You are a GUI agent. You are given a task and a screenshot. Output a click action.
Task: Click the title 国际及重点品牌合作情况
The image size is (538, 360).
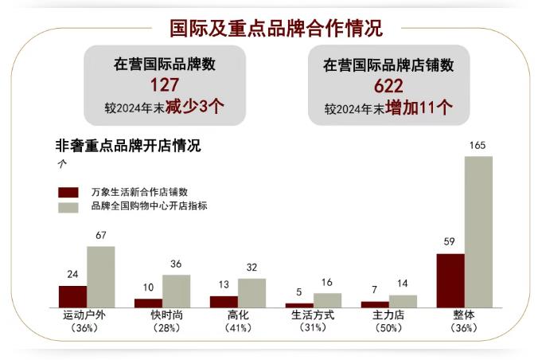pyautogui.click(x=276, y=28)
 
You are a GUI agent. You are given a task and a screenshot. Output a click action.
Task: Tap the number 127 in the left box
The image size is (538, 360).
pyautogui.click(x=165, y=85)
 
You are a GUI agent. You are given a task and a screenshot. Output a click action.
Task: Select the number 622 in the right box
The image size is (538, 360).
pyautogui.click(x=386, y=85)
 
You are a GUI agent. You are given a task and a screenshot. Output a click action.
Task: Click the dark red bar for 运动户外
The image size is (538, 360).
pyautogui.click(x=72, y=296)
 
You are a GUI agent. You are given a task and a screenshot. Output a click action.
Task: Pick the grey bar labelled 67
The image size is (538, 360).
pyautogui.click(x=101, y=276)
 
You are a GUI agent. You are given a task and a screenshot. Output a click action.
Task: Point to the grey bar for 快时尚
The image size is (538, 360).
pyautogui.click(x=176, y=291)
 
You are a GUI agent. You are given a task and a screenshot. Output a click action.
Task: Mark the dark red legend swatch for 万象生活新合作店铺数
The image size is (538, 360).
pyautogui.click(x=69, y=192)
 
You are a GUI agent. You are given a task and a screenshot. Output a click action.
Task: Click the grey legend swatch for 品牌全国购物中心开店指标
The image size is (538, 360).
pyautogui.click(x=69, y=207)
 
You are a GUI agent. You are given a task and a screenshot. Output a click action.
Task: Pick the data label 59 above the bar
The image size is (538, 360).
pyautogui.click(x=450, y=242)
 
